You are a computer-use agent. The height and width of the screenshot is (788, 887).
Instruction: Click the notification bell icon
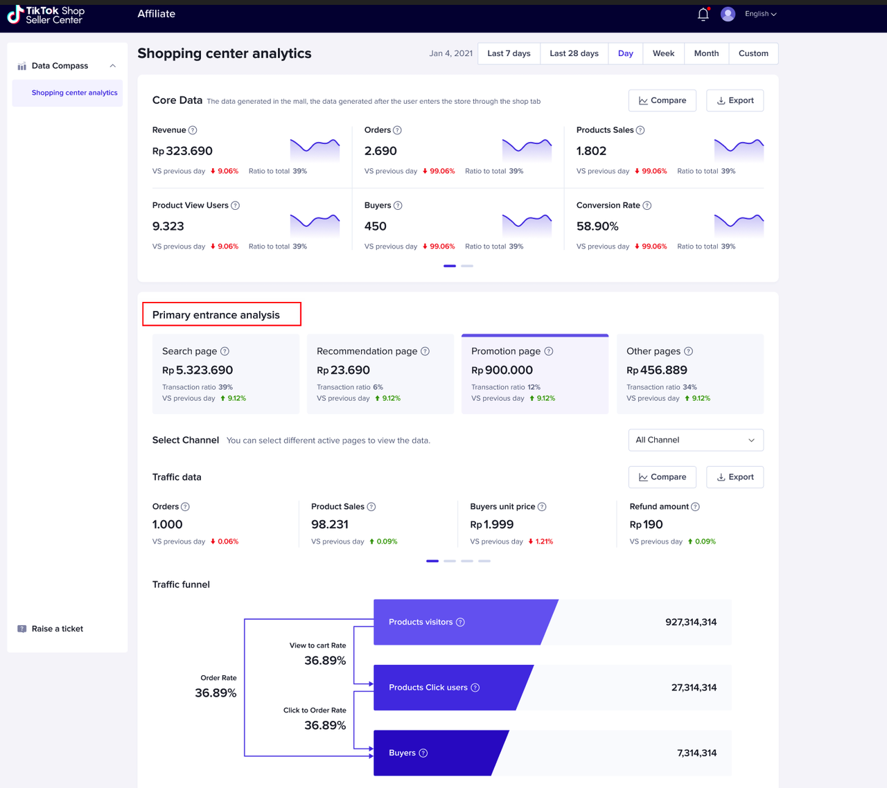(703, 15)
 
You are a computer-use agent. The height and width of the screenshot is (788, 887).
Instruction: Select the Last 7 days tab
(509, 53)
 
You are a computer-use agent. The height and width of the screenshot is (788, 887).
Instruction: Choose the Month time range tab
(706, 53)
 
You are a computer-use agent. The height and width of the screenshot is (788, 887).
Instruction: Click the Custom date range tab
(753, 53)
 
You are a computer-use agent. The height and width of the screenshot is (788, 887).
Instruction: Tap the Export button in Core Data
(735, 100)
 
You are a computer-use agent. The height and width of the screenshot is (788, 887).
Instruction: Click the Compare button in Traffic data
(662, 477)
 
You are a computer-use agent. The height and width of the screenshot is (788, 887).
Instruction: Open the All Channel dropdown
(695, 440)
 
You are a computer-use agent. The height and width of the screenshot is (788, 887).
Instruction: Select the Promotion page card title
(505, 351)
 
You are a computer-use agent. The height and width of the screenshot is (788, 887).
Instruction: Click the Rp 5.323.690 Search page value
(197, 370)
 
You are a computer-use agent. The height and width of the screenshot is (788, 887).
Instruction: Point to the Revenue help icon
(193, 130)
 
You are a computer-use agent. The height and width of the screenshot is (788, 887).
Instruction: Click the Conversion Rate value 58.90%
(597, 226)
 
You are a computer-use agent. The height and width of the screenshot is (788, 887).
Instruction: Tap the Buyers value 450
(376, 226)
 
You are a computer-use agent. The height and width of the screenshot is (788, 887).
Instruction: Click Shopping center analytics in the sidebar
(74, 93)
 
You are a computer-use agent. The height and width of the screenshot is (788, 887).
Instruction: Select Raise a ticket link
(57, 629)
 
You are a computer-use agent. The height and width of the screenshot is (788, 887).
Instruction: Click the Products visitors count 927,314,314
(690, 622)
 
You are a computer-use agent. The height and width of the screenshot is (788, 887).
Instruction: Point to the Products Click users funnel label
(428, 688)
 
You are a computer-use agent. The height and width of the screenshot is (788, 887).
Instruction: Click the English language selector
(760, 14)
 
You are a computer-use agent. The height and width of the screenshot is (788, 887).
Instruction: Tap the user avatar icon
(728, 14)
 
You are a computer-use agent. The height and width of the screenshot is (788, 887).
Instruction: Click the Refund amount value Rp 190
(646, 525)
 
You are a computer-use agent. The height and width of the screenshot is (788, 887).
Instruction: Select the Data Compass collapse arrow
(112, 66)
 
